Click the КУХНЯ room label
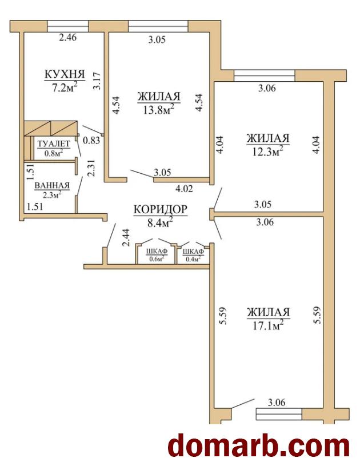(65, 74)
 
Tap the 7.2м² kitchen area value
(65, 87)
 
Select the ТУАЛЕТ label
(54, 144)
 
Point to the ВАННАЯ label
(52, 186)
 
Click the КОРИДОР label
(161, 209)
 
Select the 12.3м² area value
(268, 151)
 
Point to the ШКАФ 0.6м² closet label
(157, 255)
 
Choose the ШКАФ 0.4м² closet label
(193, 255)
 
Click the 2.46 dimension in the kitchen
(68, 38)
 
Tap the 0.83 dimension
(91, 140)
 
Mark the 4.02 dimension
(184, 189)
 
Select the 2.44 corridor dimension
(126, 238)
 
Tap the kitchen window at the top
(68, 26)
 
